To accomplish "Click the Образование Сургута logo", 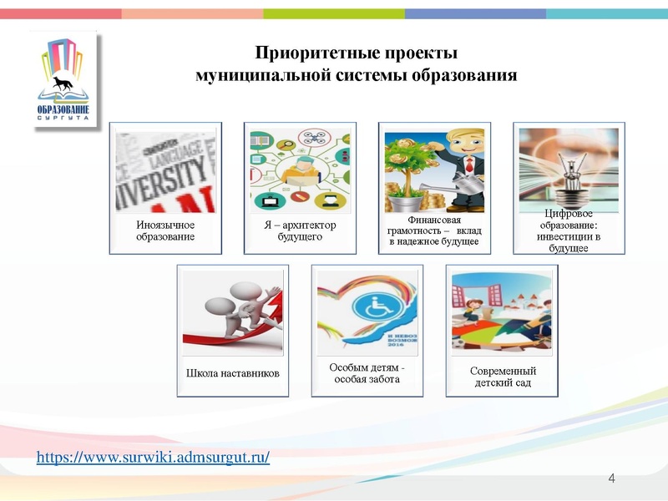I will [63, 80].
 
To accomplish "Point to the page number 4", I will [611, 478].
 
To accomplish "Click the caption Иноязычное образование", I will [165, 230].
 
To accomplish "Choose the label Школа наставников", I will [232, 372].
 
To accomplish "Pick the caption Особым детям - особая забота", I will [367, 372].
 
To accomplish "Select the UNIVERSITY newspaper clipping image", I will [165, 171].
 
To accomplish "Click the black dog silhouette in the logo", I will [63, 83].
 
